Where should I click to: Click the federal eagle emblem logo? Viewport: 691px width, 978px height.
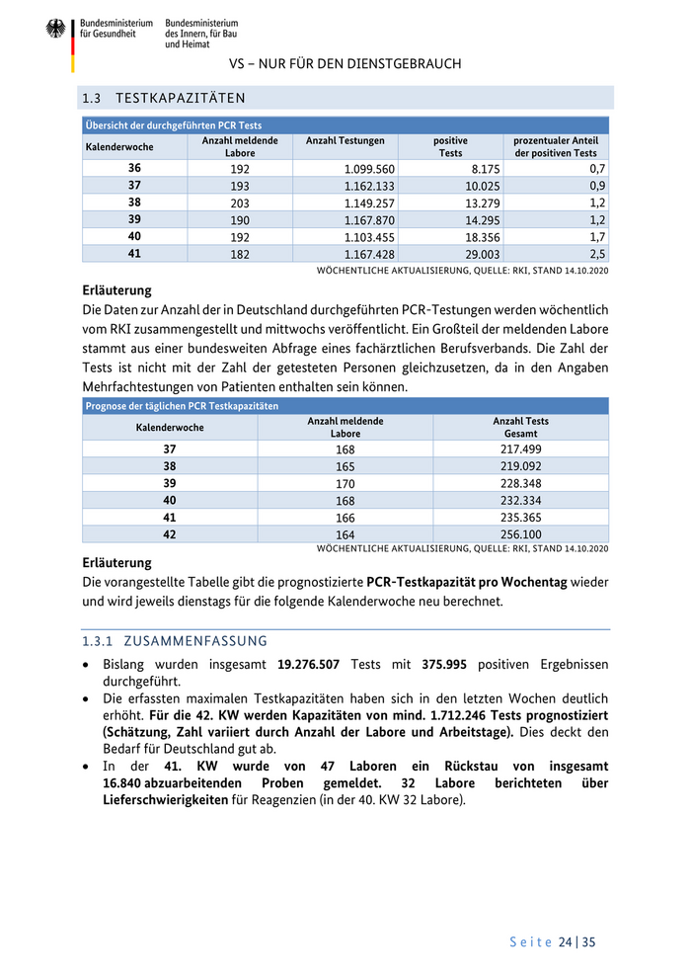click(55, 30)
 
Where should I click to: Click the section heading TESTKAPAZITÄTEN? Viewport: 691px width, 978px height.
click(180, 98)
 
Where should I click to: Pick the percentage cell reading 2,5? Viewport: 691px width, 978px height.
click(597, 254)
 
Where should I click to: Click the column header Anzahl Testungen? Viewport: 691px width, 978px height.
click(345, 141)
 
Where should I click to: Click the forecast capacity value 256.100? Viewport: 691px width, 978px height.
click(520, 534)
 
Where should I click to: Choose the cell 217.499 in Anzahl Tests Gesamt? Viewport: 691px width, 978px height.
click(520, 448)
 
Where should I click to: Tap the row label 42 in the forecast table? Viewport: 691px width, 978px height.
click(170, 534)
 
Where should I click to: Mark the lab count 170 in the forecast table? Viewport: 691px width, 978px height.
click(345, 483)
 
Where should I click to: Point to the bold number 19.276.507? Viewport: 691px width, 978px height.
click(323, 665)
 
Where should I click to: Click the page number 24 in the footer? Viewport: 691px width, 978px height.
click(565, 942)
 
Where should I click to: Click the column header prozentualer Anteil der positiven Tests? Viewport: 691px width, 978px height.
click(556, 147)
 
